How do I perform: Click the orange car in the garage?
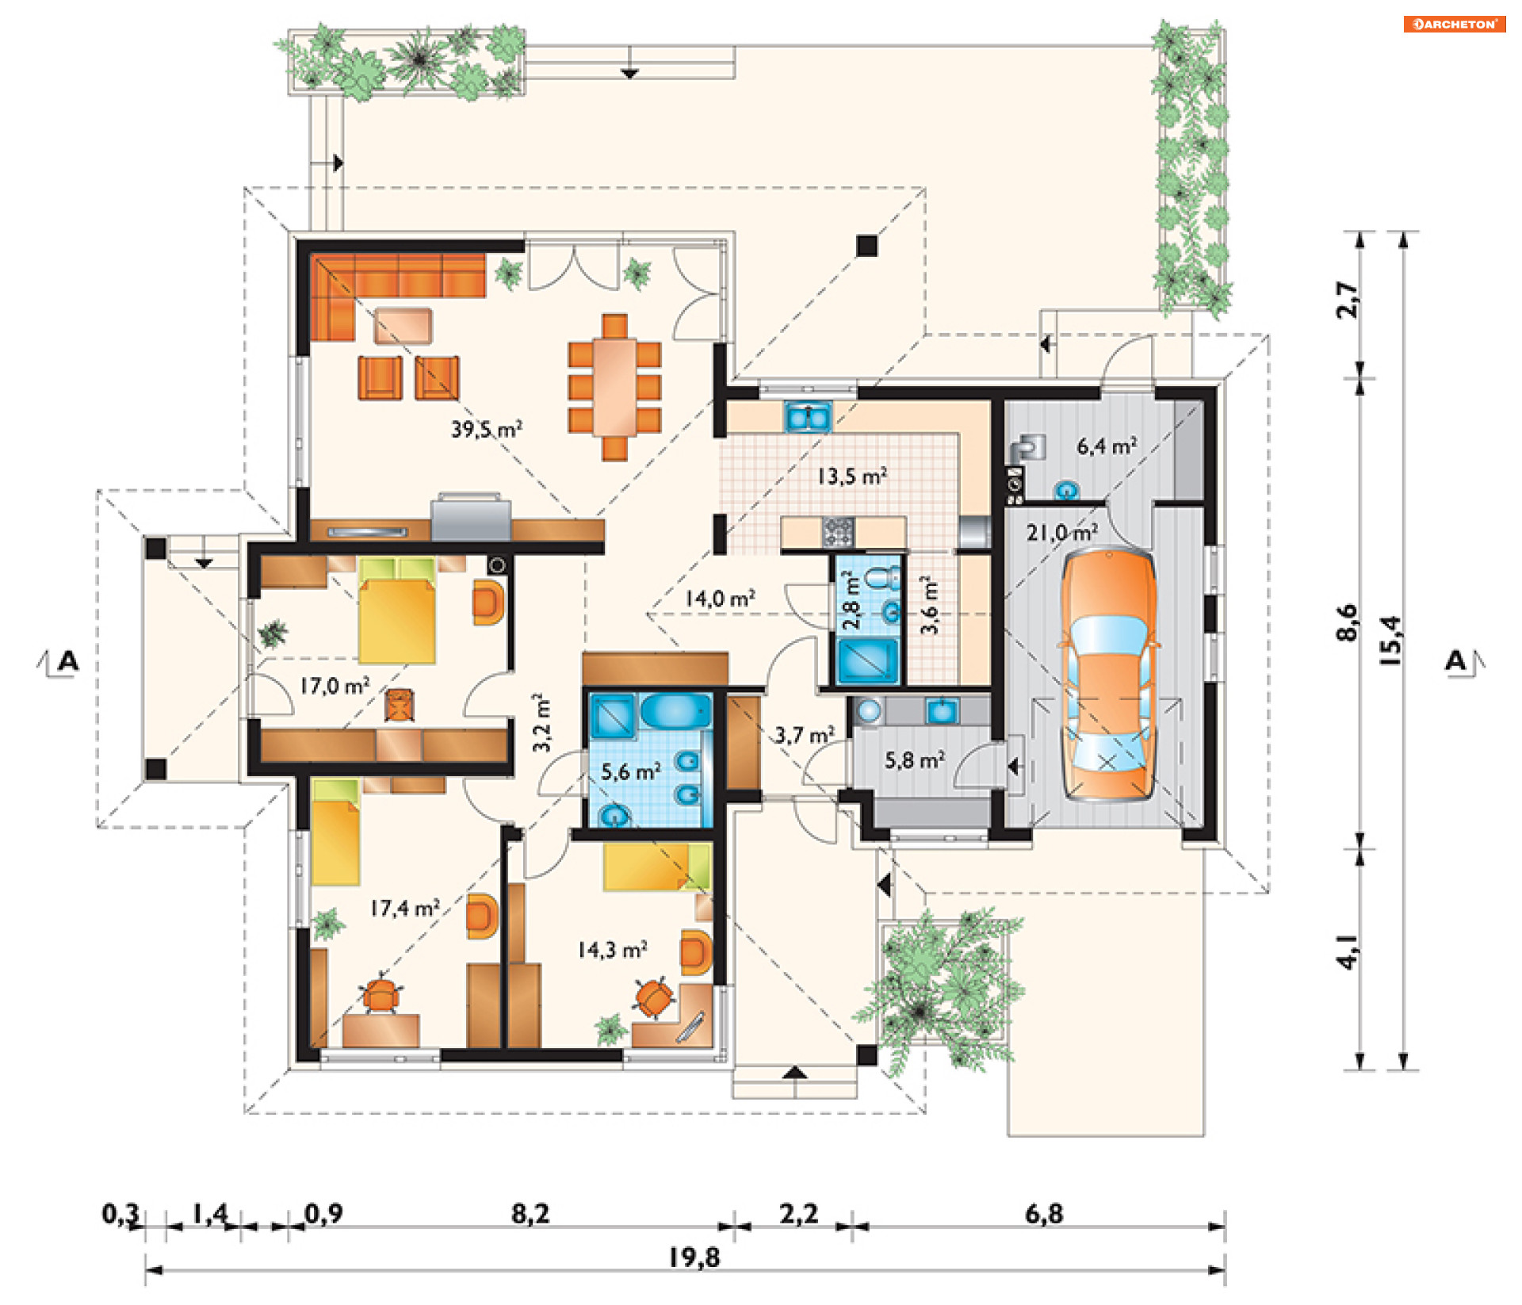click(x=1108, y=675)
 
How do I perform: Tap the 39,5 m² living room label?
click(x=487, y=429)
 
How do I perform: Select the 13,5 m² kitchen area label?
click(x=852, y=476)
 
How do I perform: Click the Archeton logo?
click(x=1455, y=24)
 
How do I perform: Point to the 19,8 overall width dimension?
click(x=694, y=1257)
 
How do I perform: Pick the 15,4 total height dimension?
click(x=1391, y=640)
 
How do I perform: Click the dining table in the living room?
click(x=614, y=387)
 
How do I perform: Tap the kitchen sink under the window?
click(x=808, y=416)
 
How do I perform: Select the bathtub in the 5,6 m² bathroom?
click(x=675, y=711)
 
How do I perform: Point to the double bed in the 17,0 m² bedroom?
click(x=396, y=610)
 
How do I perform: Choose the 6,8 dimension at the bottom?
click(x=1044, y=1213)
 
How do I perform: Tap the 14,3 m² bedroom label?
click(x=612, y=949)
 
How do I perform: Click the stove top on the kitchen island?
click(x=838, y=531)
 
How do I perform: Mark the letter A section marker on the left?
click(x=68, y=660)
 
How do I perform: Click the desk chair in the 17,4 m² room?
click(x=381, y=994)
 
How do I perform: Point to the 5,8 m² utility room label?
click(x=915, y=760)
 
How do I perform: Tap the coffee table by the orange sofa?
click(x=403, y=326)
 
